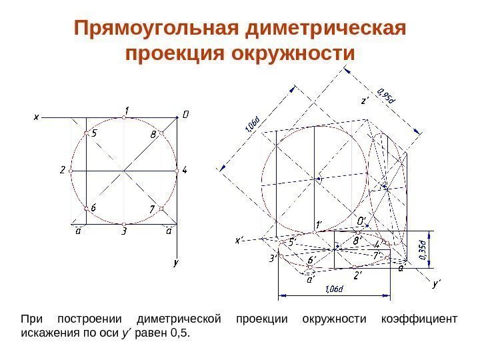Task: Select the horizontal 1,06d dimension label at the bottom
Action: (x=333, y=289)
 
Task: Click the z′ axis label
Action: (x=365, y=102)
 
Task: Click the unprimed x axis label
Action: (x=37, y=116)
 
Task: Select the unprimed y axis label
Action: (x=176, y=263)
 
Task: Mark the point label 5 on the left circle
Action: (x=94, y=133)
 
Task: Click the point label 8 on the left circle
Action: (x=153, y=134)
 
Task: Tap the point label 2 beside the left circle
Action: (x=62, y=170)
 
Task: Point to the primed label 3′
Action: (x=273, y=257)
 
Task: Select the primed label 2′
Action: (x=358, y=275)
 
